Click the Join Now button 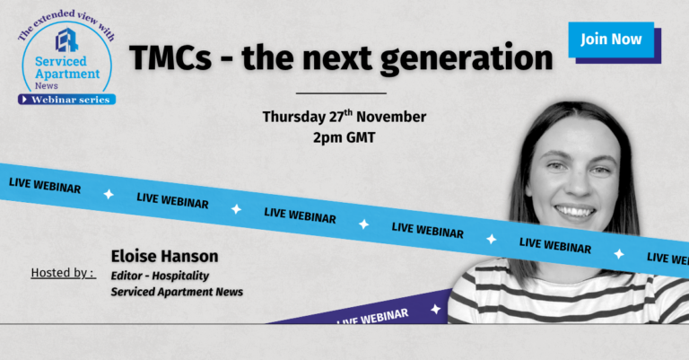click(x=611, y=40)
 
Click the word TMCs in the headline click(x=170, y=58)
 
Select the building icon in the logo click(x=66, y=40)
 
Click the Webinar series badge click(x=66, y=100)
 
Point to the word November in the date click(x=391, y=117)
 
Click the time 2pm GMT click(x=344, y=137)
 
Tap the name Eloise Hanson click(x=164, y=256)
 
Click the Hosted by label click(x=64, y=273)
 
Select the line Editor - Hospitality click(x=160, y=276)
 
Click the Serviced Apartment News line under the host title click(x=177, y=292)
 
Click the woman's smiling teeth click(x=575, y=213)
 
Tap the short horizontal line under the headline click(x=342, y=93)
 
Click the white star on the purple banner click(x=435, y=309)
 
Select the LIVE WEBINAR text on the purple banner click(x=372, y=317)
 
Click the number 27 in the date click(x=336, y=117)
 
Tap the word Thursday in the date click(x=294, y=118)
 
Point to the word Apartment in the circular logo click(x=67, y=74)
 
